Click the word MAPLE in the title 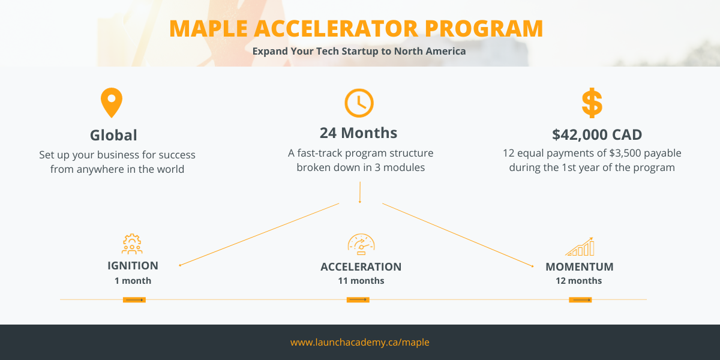click(208, 29)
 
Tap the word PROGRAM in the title click(484, 29)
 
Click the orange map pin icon click(112, 103)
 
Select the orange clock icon click(359, 103)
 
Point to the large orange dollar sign click(592, 103)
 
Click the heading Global click(113, 135)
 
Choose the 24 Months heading click(358, 133)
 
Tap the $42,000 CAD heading click(597, 134)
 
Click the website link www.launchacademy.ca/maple click(359, 343)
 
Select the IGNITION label click(133, 266)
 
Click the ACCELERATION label click(361, 267)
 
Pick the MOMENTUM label click(580, 267)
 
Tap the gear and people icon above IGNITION click(132, 244)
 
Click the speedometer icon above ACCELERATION click(361, 244)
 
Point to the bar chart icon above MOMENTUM click(580, 247)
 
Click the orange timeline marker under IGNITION click(134, 300)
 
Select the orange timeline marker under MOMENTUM click(580, 300)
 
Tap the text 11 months click(361, 281)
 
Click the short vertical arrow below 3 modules click(360, 192)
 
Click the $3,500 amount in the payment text click(624, 154)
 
